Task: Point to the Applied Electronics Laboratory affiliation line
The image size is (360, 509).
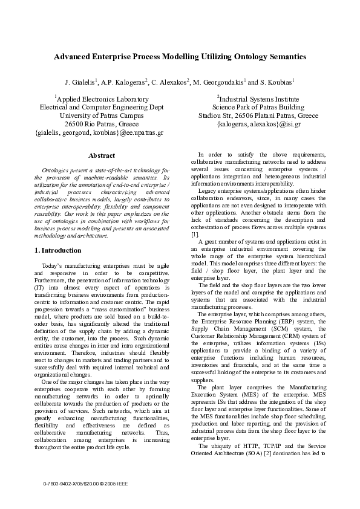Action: pos(101,98)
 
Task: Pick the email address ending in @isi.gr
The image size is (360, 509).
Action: pos(258,124)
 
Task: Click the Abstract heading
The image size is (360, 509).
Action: pos(101,156)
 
